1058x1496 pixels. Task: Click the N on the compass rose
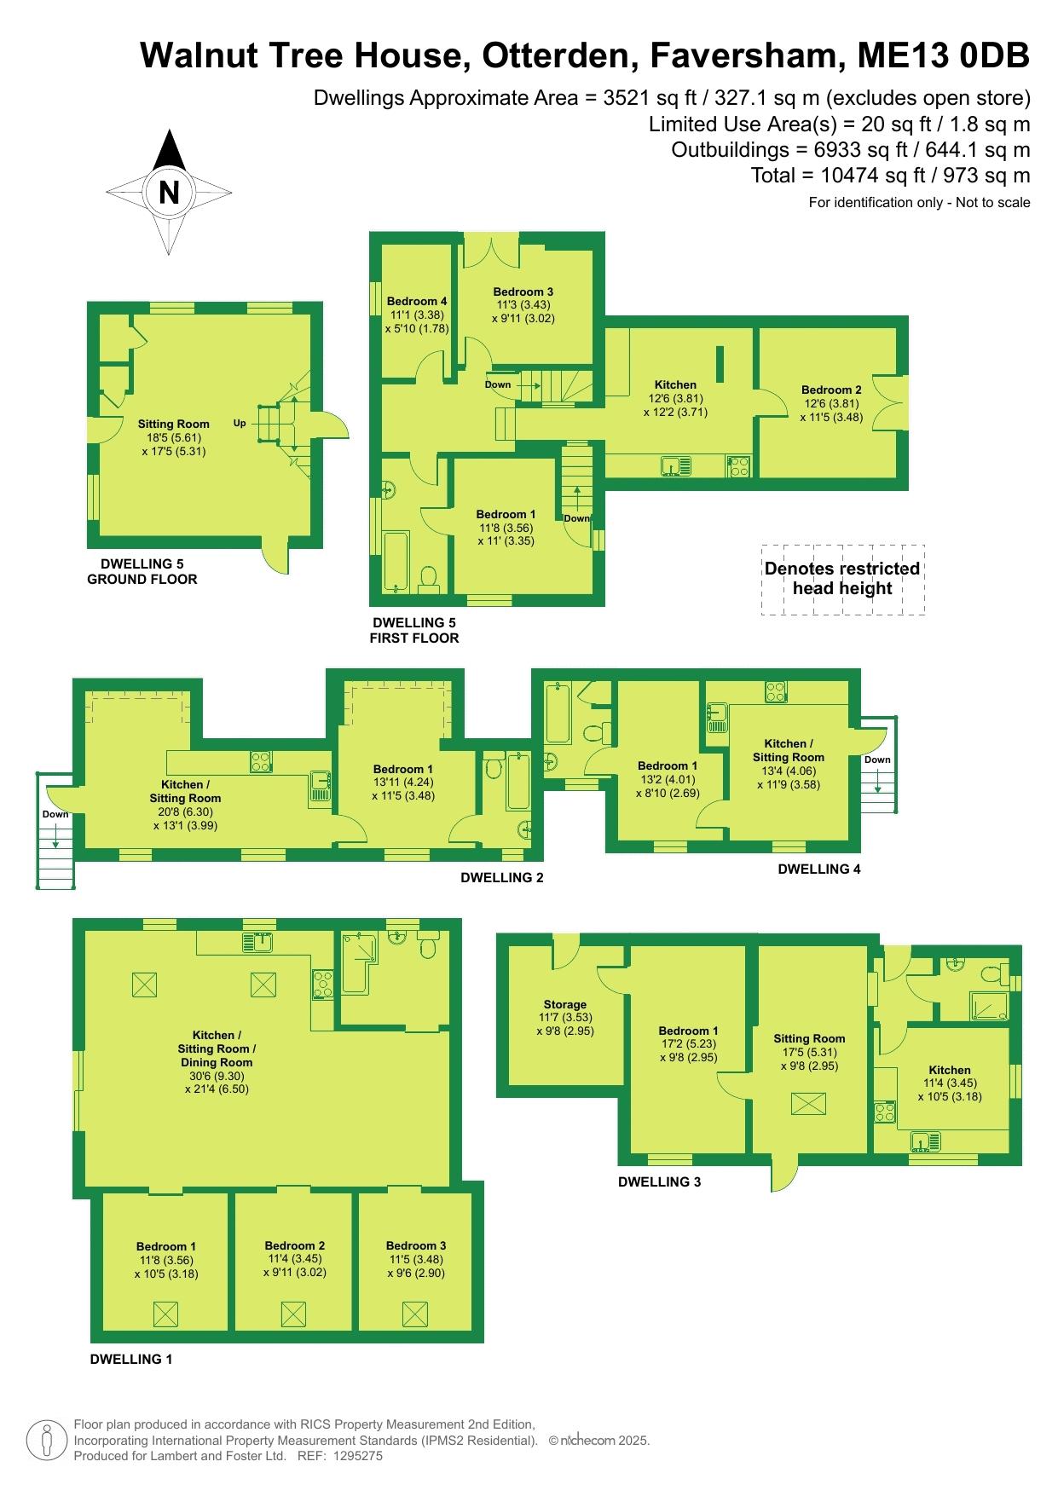click(169, 193)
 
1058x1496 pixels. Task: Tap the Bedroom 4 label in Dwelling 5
click(417, 301)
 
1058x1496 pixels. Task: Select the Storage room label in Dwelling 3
click(565, 1004)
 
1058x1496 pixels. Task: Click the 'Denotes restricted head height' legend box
click(842, 579)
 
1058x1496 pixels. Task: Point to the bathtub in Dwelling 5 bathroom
click(398, 561)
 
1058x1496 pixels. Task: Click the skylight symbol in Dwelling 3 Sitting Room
click(808, 1104)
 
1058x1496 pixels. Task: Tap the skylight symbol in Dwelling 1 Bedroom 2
click(292, 1313)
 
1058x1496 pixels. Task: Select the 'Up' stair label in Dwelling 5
click(240, 423)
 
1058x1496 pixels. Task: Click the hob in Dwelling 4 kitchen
click(776, 691)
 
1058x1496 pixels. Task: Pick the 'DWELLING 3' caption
click(659, 1181)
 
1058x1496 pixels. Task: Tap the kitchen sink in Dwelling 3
click(922, 1140)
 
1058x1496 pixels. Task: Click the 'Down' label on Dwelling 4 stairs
click(877, 760)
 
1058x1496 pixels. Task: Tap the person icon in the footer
click(47, 1441)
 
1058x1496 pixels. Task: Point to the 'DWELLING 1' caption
click(131, 1359)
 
